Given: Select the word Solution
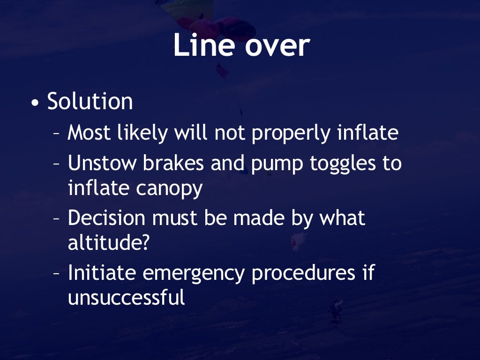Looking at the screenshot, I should coord(90,102).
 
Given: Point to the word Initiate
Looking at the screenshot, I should coord(102,273).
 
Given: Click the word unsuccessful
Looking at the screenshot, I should coord(127,298).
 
